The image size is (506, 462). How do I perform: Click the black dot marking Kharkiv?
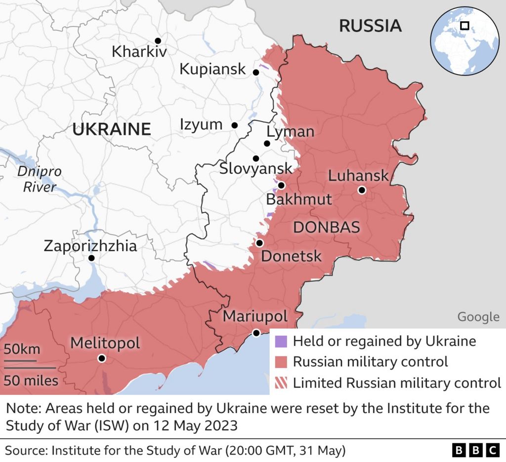coord(158,40)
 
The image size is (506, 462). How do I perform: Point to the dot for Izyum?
coord(235,125)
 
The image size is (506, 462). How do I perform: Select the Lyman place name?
coord(290,132)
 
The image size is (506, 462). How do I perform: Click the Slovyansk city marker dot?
coord(256,158)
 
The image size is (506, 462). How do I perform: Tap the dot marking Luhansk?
coord(362,190)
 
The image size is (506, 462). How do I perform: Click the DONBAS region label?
coord(326,228)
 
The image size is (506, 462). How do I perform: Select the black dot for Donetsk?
coord(259,243)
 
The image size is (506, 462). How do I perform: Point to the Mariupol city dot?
coord(256,333)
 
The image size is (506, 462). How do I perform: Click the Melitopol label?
coord(105,343)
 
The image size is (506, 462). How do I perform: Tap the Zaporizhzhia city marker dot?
coord(91,258)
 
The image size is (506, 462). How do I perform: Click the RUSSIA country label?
coord(370,26)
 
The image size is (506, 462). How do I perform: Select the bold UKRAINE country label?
coord(111,129)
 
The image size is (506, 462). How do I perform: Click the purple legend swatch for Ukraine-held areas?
coord(281,341)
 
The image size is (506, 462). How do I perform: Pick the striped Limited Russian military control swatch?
coord(281,383)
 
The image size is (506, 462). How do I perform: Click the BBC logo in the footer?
coord(476,450)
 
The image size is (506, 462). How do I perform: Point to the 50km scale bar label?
coord(22,349)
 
